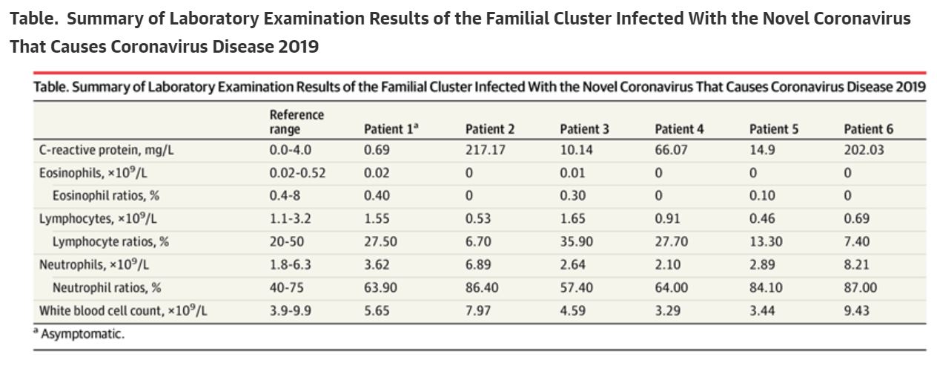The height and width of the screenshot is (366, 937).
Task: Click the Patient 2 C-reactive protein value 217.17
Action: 486,150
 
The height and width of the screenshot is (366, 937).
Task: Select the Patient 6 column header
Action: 868,129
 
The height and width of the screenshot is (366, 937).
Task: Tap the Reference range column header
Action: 297,122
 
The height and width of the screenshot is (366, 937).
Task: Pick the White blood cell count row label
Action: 123,311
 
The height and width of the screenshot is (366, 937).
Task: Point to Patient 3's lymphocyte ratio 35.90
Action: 577,241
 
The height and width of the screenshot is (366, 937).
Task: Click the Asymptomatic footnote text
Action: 79,334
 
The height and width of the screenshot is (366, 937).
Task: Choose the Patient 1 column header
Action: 391,129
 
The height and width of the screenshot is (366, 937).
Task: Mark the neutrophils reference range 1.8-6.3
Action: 291,264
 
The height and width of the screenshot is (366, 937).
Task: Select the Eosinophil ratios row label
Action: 106,195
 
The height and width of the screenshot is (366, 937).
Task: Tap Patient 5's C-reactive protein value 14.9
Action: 762,150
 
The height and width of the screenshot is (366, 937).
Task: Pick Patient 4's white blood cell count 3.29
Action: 668,311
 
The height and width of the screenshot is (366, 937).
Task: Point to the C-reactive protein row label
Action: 106,150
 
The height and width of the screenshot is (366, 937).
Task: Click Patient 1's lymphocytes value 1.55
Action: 377,218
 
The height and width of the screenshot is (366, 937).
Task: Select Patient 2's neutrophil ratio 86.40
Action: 482,288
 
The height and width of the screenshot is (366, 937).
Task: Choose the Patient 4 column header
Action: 679,129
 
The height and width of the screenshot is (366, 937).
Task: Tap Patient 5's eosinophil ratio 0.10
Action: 762,195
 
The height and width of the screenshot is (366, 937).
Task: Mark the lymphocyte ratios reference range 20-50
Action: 287,241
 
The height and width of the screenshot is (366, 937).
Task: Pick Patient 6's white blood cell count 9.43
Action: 857,311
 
